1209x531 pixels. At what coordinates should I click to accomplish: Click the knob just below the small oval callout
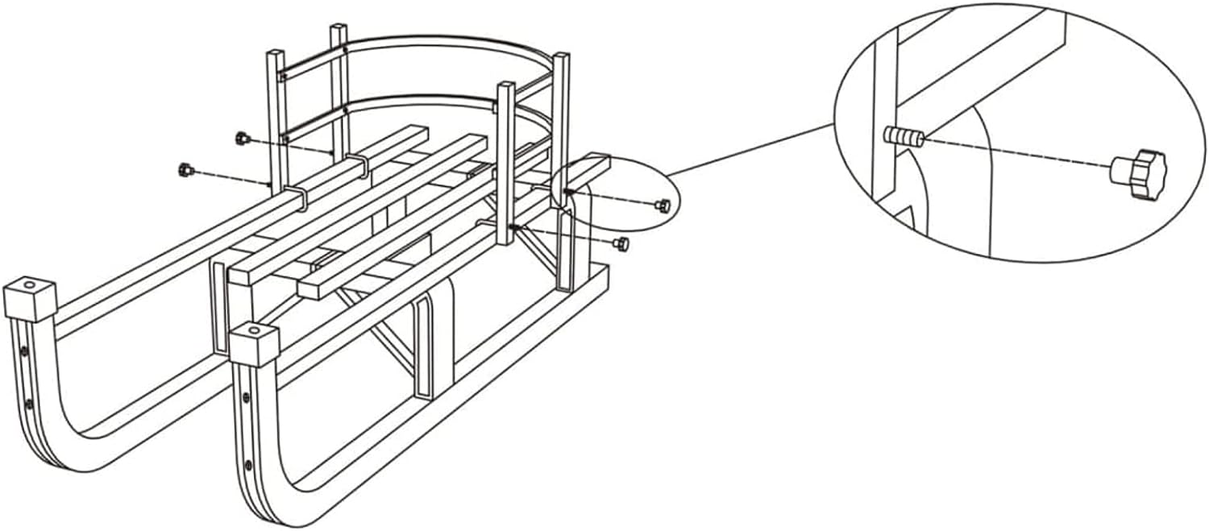(620, 243)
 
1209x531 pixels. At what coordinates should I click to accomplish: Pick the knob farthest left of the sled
(184, 169)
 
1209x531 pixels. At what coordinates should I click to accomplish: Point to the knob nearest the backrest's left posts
(239, 138)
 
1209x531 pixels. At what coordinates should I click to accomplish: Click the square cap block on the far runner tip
(29, 300)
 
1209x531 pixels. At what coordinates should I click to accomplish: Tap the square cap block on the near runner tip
(254, 345)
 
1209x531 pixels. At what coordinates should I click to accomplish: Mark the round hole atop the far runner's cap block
(30, 285)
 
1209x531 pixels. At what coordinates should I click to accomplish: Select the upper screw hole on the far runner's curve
(25, 352)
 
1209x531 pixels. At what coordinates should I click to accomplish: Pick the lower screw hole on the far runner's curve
(30, 403)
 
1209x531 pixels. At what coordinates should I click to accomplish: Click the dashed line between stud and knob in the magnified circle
(1016, 153)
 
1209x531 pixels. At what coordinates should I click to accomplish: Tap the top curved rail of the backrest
(451, 40)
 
